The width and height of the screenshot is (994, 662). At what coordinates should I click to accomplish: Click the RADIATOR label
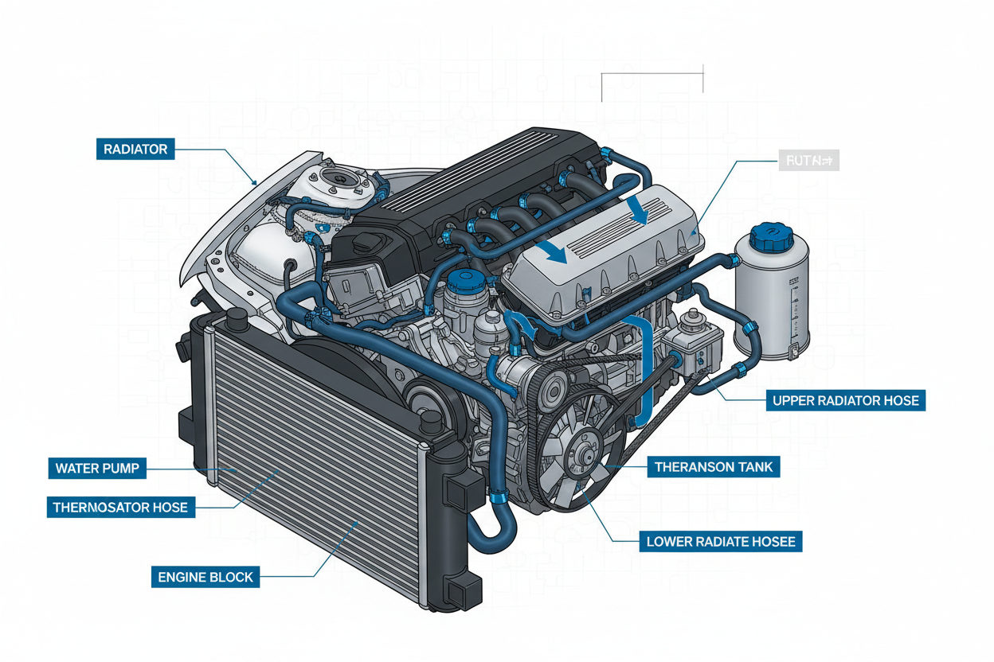[x=135, y=149]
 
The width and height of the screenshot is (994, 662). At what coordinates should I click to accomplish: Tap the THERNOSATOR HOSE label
[x=120, y=507]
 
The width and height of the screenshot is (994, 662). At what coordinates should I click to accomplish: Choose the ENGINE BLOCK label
[x=205, y=577]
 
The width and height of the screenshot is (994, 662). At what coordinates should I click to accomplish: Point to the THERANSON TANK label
[x=713, y=466]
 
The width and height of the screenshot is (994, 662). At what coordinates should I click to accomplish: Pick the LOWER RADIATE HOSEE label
[x=721, y=542]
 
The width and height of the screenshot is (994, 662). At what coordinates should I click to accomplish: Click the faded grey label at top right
[x=807, y=161]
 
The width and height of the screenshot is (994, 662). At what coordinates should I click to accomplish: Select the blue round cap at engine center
[x=460, y=281]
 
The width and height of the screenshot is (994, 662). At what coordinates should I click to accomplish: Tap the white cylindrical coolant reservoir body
[x=771, y=294]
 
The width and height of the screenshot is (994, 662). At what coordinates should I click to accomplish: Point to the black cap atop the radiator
[x=237, y=319]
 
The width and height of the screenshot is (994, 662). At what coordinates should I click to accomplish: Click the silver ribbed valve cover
[x=605, y=251]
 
